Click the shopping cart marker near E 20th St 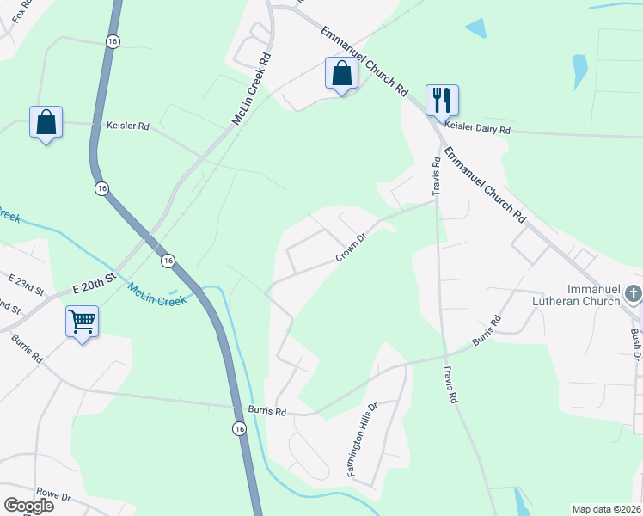pos(82,322)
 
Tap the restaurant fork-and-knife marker pos(442,101)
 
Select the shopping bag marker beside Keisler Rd pos(46,122)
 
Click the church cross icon pos(633,294)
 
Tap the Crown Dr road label pos(351,246)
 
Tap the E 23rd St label pos(25,279)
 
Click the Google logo pos(28,506)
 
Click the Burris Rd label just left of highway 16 pos(266,411)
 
